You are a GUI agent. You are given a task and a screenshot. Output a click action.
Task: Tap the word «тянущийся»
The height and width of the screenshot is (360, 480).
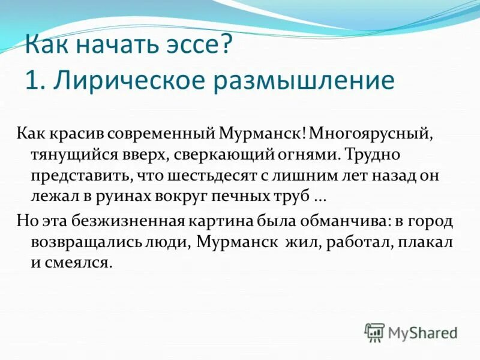[67, 155]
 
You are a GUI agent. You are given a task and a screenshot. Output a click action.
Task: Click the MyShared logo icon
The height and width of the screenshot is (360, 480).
[374, 332]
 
